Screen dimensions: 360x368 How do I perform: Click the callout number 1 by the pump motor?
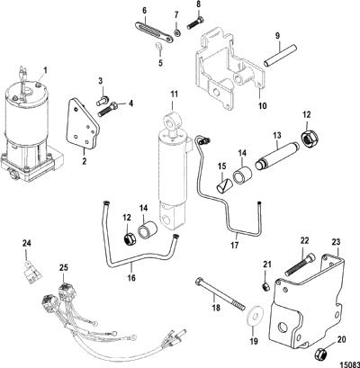[x=46, y=71]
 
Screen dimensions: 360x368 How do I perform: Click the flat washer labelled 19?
[x=254, y=317]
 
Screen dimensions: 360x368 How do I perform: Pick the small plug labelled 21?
[x=266, y=287]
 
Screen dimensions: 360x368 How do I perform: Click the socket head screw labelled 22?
[x=301, y=265]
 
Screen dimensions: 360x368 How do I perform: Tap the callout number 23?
[x=337, y=242]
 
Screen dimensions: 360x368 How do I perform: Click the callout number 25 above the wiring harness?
[x=65, y=267]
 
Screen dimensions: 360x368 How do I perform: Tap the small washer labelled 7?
[x=176, y=32]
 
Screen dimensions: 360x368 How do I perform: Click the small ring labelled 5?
[x=159, y=47]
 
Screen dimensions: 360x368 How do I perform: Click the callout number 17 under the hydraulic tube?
[x=234, y=246]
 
